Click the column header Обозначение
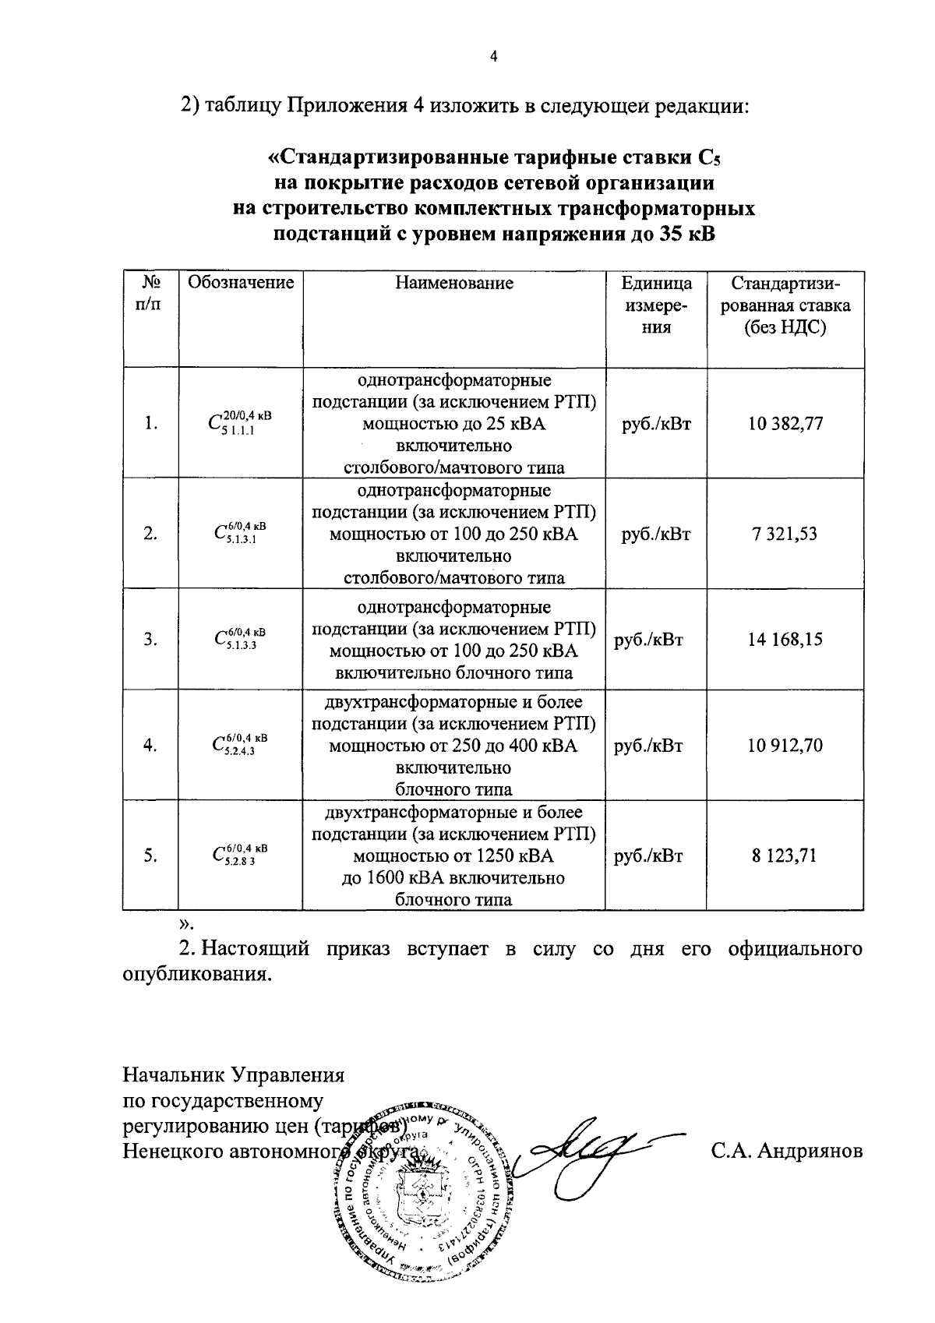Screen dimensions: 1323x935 click(x=241, y=283)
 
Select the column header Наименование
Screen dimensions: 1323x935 click(x=453, y=283)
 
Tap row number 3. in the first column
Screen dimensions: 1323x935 click(x=150, y=640)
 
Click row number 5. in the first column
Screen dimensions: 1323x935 click(x=150, y=856)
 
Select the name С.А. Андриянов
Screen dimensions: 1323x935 click(x=786, y=1151)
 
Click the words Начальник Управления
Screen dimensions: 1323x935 click(x=234, y=1076)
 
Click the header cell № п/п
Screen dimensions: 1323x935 click(x=150, y=294)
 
